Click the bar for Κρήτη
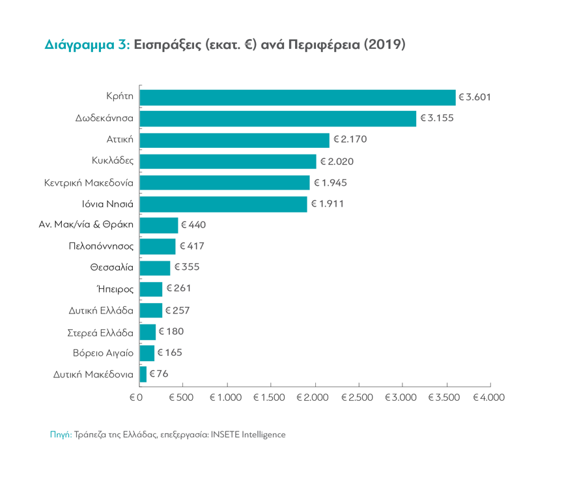tap(298, 97)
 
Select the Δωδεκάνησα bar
tap(278, 119)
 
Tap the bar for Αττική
tap(234, 140)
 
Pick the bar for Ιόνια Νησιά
tap(223, 204)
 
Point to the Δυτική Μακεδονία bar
tap(143, 374)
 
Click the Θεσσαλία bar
tap(155, 268)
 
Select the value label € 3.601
tap(474, 97)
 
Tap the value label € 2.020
tap(336, 162)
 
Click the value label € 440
tap(193, 225)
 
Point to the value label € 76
tap(159, 374)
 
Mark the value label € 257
tap(177, 310)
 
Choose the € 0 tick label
tap(135, 397)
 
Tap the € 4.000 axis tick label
tap(489, 397)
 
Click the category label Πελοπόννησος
tap(101, 246)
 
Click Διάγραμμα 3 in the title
tap(87, 45)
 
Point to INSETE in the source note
tap(224, 434)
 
